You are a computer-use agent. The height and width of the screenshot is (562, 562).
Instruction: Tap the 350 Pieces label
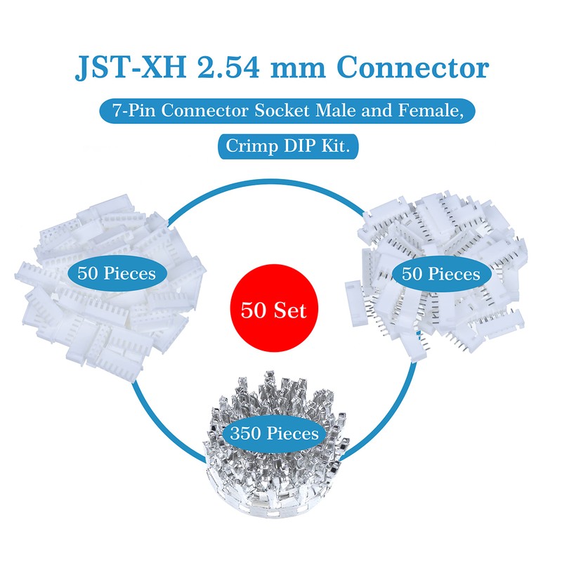pos(273,433)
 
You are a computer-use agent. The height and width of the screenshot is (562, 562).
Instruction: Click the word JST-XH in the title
pos(126,69)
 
